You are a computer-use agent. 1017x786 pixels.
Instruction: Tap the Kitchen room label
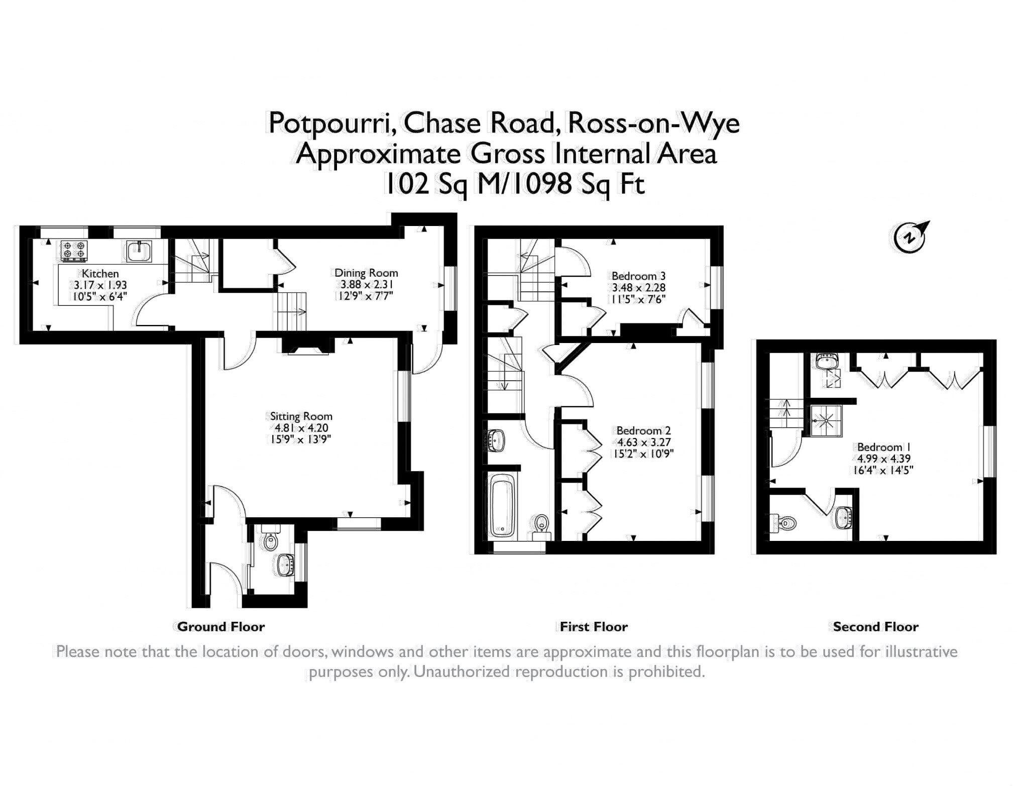tap(100, 274)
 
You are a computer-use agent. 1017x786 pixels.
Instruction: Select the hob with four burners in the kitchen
tap(74, 251)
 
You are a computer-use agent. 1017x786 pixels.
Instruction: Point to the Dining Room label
tap(366, 273)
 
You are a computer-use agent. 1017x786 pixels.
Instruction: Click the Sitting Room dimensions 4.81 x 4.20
tap(301, 428)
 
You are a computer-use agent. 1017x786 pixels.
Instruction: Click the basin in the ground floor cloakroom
tap(286, 565)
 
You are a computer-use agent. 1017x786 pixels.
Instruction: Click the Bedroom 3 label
tap(638, 276)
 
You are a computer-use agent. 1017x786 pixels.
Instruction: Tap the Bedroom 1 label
tap(884, 447)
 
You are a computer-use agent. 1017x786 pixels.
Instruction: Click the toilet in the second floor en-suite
tap(784, 524)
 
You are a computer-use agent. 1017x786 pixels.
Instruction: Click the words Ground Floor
tap(221, 626)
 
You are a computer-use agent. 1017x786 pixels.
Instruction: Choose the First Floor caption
tap(594, 626)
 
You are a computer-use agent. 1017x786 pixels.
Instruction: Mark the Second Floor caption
tap(876, 626)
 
